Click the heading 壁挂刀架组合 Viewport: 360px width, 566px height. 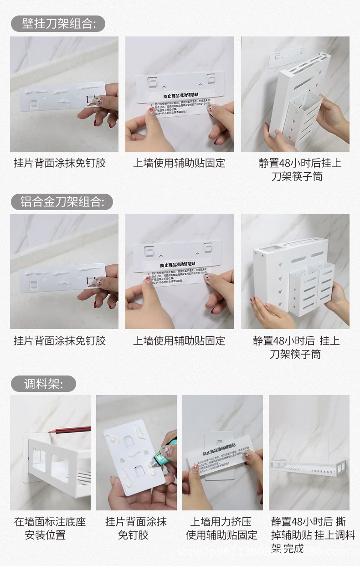pos(58,24)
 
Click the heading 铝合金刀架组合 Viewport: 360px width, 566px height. pos(62,201)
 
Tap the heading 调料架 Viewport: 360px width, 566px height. pos(43,384)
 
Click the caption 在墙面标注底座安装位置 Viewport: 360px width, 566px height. pos(50,528)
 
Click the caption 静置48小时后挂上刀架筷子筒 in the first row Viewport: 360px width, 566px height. pos(299,170)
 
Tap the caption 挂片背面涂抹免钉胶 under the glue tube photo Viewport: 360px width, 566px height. pos(136,528)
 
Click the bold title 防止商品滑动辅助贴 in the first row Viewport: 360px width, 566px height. pos(179,97)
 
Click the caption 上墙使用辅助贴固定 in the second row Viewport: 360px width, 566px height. pos(179,340)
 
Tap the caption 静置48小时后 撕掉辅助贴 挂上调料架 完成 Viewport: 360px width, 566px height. pos(313,535)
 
